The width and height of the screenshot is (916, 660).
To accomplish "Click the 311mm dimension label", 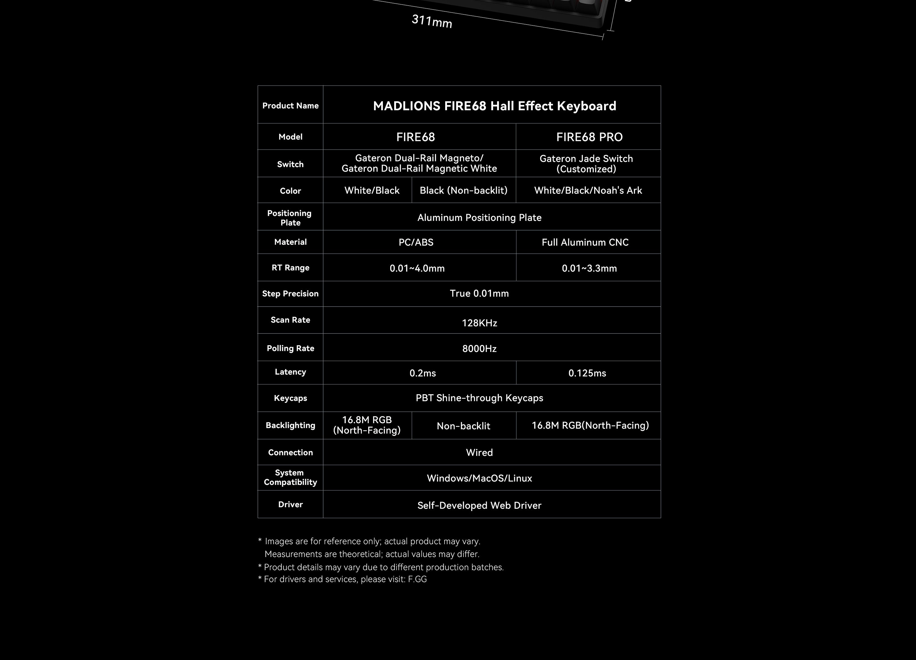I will coord(432,21).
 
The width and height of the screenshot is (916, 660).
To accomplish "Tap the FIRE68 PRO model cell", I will coord(589,137).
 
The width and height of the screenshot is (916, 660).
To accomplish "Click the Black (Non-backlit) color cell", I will coord(463,190).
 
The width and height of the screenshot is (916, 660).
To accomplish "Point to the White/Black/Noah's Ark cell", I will coord(588,190).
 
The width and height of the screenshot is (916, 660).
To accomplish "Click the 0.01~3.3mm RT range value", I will coord(589,268).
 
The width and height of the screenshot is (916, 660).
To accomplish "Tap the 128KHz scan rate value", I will coord(479,323).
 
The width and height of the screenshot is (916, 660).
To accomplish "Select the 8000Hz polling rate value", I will coord(479,348).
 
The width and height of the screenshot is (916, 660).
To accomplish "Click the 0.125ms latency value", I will coord(587,373).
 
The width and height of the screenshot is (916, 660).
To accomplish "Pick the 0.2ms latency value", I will coord(423,373).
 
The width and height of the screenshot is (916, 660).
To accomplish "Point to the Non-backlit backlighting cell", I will coord(463,426).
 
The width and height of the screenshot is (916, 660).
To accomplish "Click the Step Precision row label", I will coord(290,293).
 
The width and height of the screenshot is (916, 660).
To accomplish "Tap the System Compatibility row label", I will coord(290,477).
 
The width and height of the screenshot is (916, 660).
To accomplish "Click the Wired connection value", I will coord(479,452).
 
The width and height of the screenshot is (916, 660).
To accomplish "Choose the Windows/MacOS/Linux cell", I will coord(479,478).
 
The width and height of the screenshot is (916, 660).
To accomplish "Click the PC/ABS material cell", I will coord(416,242).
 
